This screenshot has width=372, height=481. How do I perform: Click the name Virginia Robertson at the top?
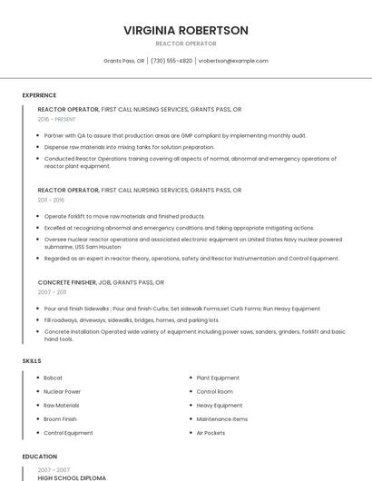tap(185, 30)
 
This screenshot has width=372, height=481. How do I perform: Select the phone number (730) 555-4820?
tap(171, 61)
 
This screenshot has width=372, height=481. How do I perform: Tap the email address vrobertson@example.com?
tap(233, 61)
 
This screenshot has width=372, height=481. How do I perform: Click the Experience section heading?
tap(39, 95)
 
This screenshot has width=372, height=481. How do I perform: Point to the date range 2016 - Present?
tap(57, 119)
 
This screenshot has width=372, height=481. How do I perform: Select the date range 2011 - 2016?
tap(51, 200)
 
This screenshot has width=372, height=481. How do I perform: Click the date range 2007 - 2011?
tap(52, 292)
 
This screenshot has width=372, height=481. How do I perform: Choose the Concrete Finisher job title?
tap(66, 282)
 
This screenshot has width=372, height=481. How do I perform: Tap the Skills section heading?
tap(32, 361)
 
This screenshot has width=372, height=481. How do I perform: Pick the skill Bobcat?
tap(53, 378)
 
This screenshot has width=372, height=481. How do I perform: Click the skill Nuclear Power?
tap(62, 391)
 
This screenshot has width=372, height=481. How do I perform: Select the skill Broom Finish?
tap(60, 419)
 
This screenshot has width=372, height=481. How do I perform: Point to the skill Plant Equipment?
tap(218, 378)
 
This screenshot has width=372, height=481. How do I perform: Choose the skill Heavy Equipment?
tap(219, 406)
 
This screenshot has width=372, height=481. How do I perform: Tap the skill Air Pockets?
tap(210, 433)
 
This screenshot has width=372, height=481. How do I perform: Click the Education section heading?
tap(39, 456)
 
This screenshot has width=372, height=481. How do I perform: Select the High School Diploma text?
tap(72, 477)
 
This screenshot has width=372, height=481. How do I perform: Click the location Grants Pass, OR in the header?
tap(123, 61)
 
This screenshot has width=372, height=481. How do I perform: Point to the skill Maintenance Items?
tap(221, 419)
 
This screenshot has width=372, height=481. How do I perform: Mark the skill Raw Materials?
tap(61, 406)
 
